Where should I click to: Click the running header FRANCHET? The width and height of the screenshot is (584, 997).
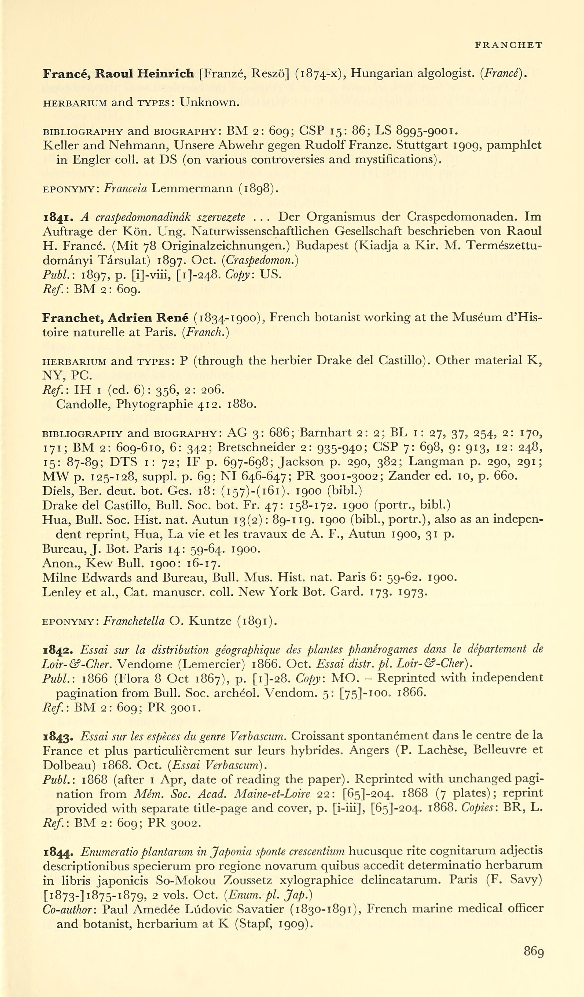click(x=508, y=45)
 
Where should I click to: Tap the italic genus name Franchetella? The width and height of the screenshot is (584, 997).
click(x=134, y=621)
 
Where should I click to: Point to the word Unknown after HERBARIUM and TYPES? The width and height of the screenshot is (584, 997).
click(x=210, y=103)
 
